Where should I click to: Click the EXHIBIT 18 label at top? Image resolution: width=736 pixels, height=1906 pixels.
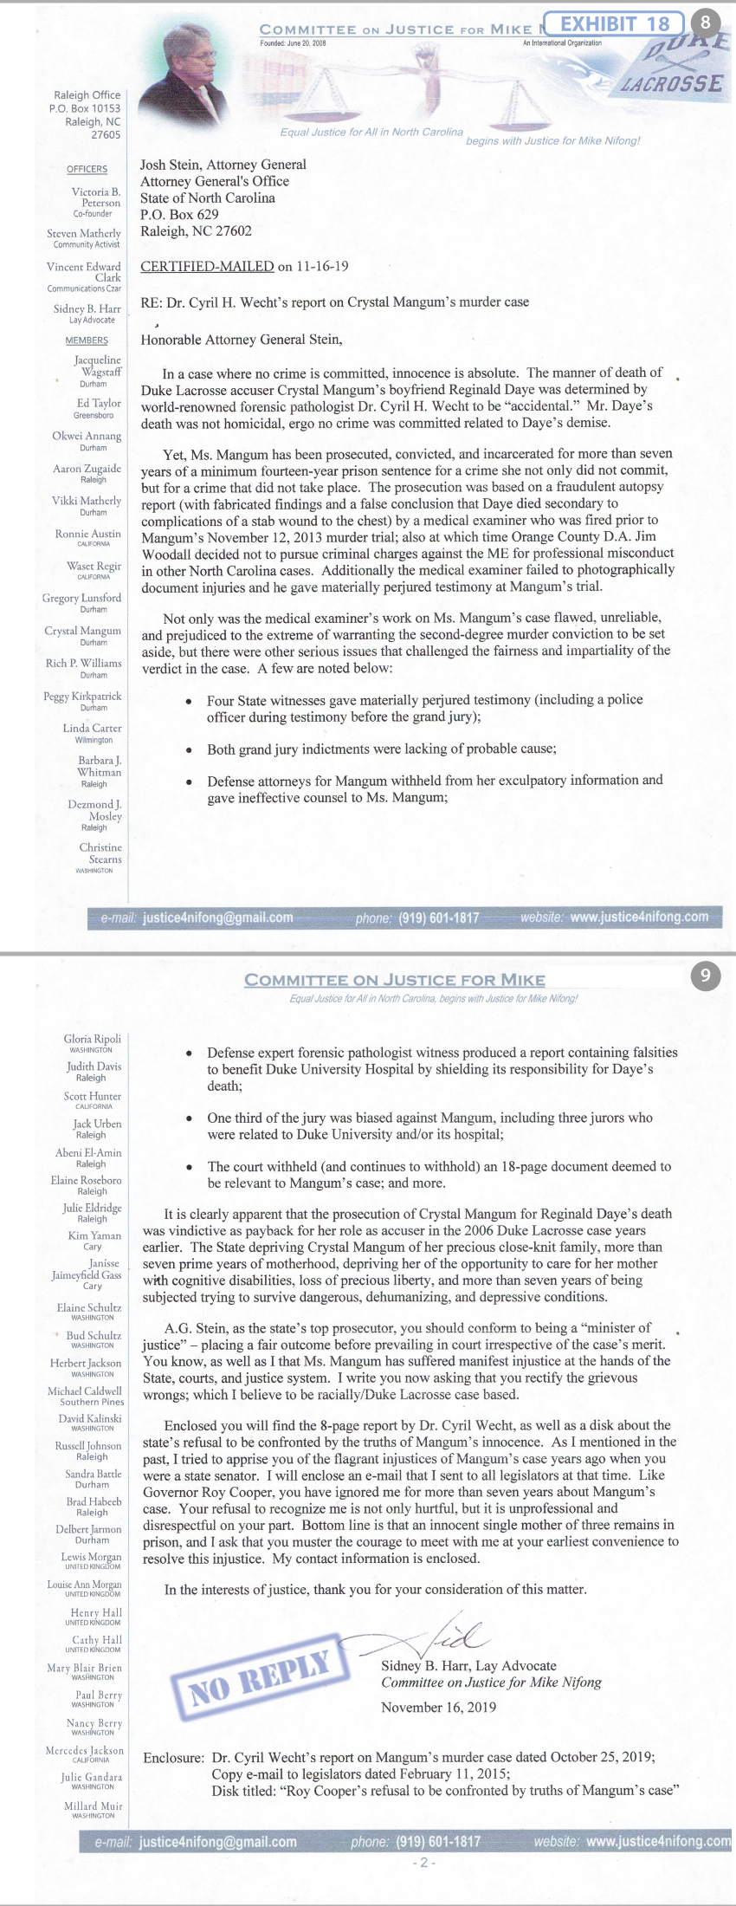(613, 23)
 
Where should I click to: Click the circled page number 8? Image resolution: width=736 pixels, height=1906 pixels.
(705, 23)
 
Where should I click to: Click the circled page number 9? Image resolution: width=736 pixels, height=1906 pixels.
(705, 976)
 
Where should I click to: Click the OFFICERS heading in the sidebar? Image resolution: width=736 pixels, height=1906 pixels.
(87, 169)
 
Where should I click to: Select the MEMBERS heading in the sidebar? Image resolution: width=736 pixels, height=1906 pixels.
(87, 340)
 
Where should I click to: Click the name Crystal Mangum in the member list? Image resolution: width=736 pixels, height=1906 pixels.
(83, 631)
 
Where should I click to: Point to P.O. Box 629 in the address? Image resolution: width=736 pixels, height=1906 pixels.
(179, 214)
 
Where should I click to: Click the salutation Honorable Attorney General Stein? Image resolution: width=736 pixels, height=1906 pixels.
(242, 339)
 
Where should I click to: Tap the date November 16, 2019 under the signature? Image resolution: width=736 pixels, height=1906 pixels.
(438, 1707)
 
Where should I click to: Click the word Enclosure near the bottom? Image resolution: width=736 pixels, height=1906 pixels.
(173, 1757)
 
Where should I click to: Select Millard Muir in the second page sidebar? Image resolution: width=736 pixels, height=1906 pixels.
(94, 1806)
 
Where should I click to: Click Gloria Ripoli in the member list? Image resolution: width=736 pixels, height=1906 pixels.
(93, 1038)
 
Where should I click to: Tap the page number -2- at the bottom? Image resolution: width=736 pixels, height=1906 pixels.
(423, 1863)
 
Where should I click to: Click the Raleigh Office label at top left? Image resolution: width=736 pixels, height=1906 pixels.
(87, 95)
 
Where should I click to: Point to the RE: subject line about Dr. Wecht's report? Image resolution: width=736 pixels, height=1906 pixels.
(334, 302)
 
